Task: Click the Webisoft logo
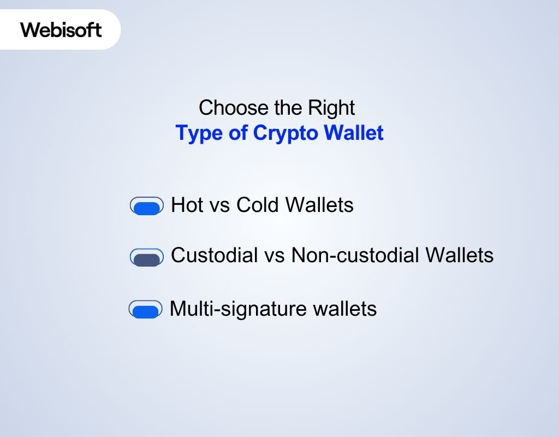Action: click(x=61, y=29)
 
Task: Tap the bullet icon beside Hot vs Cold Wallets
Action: click(x=147, y=206)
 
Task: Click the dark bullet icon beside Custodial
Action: click(x=147, y=258)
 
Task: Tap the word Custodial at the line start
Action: click(x=215, y=255)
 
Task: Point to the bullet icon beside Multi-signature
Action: click(x=146, y=310)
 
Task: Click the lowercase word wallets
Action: click(x=344, y=309)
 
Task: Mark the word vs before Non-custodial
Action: click(x=275, y=256)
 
